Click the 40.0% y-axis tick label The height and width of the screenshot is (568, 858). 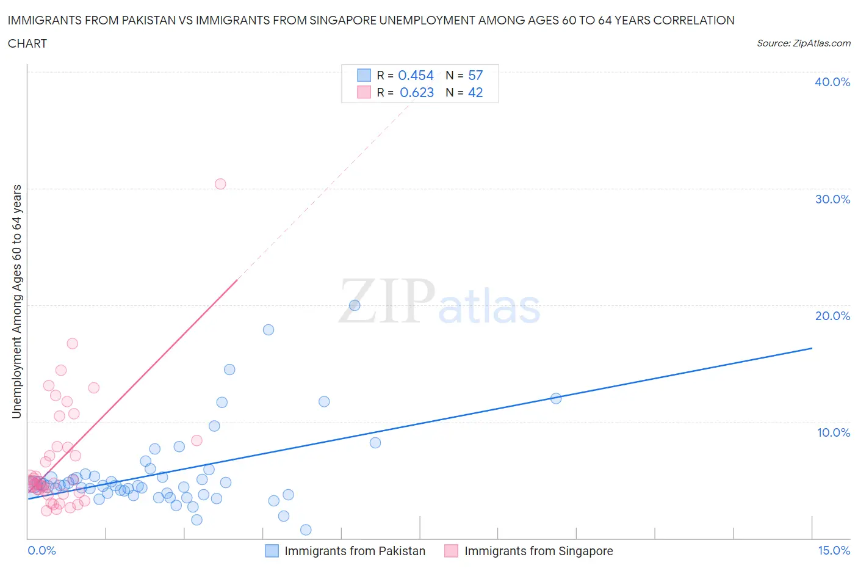pos(832,82)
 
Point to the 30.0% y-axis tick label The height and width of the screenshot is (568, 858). pos(832,199)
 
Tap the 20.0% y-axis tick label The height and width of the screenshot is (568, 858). pos(832,316)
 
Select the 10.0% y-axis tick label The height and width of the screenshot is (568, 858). pos(832,432)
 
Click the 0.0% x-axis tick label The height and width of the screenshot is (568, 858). pos(41,550)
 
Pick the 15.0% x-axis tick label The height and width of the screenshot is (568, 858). pos(834,550)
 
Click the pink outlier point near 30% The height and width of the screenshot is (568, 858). pos(220,184)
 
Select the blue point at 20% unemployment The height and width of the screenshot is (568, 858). pos(355,305)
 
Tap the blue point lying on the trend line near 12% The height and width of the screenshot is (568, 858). pos(556,398)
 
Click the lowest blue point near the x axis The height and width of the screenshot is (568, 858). pos(306,530)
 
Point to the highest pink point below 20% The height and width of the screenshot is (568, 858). pos(73,343)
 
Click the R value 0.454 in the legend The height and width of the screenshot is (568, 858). pos(416,75)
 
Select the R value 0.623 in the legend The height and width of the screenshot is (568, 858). pos(417,92)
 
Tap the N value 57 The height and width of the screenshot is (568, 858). pos(475,75)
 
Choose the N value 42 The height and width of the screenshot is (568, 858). pos(475,92)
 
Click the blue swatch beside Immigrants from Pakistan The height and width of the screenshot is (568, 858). pos(272,551)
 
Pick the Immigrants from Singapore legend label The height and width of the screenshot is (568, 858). pos(538,551)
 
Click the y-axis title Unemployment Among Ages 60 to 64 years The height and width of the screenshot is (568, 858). pos(16,301)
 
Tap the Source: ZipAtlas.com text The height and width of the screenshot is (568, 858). pos(803,43)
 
